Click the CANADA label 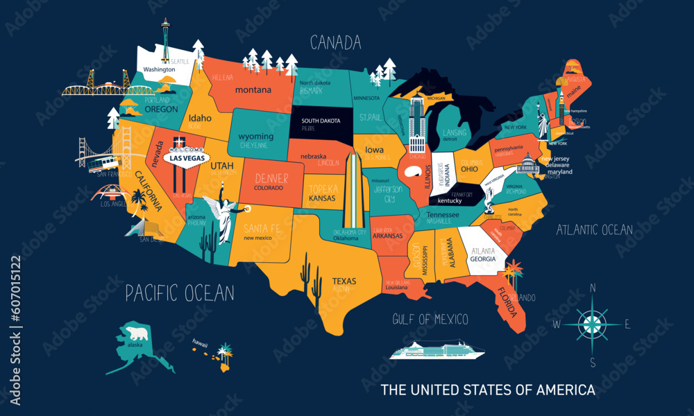point(335,43)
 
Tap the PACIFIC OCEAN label point(180,293)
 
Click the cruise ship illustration point(436,349)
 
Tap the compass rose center point(592,322)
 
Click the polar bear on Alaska point(134,335)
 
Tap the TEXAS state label point(344,281)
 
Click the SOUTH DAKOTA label point(321,121)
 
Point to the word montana point(253,90)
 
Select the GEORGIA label point(483,259)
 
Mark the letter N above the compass point(593,288)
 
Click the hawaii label point(201,341)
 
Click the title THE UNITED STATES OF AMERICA point(488,390)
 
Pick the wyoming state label point(255,137)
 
